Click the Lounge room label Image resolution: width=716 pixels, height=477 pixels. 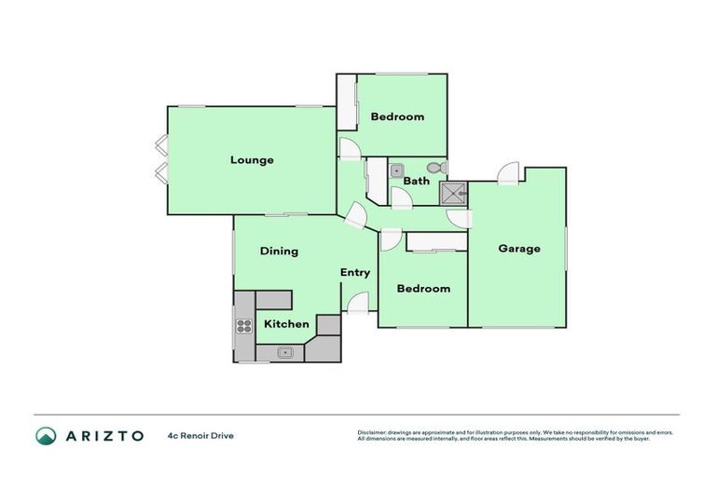(252, 160)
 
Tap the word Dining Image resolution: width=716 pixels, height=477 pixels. (279, 251)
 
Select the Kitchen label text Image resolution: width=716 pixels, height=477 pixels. (286, 324)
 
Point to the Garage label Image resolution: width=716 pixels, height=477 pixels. (518, 249)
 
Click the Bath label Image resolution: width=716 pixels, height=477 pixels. (416, 181)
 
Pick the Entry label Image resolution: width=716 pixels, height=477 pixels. (354, 273)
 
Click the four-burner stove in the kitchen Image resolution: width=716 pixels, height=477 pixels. (243, 326)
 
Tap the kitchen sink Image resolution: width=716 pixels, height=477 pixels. (285, 353)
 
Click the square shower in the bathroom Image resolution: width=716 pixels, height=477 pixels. (453, 193)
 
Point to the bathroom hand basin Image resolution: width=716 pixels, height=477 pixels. (396, 170)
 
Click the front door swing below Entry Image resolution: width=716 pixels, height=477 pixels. (356, 303)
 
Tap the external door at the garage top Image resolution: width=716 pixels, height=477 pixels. (509, 174)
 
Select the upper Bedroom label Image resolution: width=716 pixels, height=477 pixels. (397, 116)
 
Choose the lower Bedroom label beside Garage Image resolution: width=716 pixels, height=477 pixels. (423, 289)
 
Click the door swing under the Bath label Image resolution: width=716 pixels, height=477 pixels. (399, 198)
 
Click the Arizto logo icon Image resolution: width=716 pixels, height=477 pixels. (46, 435)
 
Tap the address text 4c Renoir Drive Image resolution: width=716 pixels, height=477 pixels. (200, 435)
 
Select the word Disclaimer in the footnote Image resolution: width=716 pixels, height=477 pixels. (371, 432)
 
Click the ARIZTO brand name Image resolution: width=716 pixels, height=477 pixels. (104, 435)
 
